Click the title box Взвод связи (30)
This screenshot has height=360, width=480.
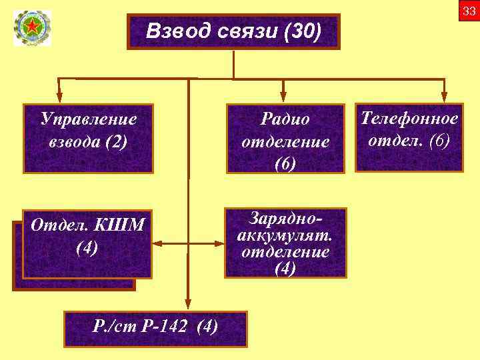(233, 31)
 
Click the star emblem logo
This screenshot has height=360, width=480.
(31, 29)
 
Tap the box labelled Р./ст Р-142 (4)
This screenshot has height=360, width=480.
(155, 328)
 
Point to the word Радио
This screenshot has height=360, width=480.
(285, 119)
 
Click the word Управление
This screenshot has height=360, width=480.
(88, 119)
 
